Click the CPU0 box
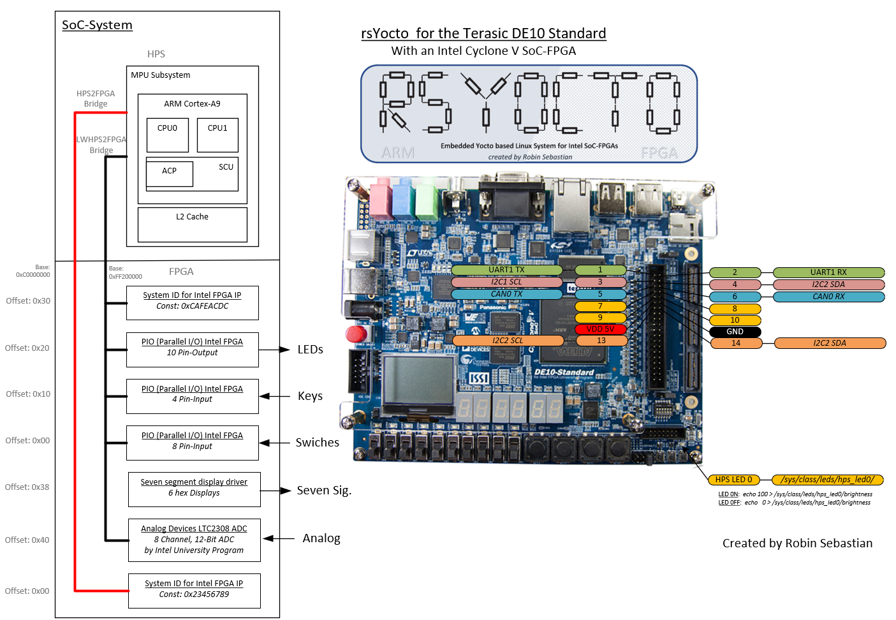coord(167,135)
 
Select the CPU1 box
coord(217,135)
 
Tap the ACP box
coord(169,173)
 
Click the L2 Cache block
coord(193,225)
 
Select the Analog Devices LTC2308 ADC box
coord(194,540)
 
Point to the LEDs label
coord(310,350)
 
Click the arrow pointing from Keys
coord(275,396)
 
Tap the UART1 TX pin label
coord(506,270)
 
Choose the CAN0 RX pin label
coord(828,297)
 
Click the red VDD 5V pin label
coord(600,329)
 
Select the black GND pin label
coord(735,332)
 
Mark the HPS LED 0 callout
coord(733,480)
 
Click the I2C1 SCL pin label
coord(506,282)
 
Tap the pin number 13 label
coord(601,341)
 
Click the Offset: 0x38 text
coord(27,487)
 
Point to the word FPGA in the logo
coord(659,153)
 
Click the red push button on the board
coord(358,334)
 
